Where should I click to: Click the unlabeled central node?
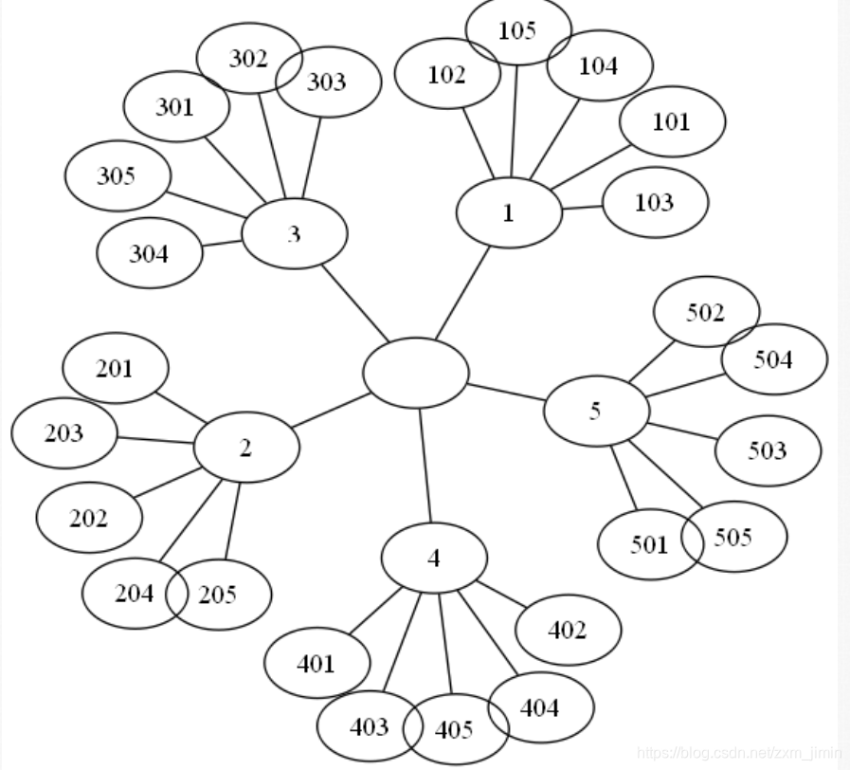(x=415, y=374)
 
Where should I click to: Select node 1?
(x=509, y=212)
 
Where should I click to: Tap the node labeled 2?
(x=246, y=448)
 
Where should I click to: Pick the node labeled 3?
(x=294, y=233)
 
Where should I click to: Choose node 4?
(x=434, y=558)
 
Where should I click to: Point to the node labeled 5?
(x=596, y=411)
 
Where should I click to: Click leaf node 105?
(x=518, y=30)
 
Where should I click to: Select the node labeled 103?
(x=655, y=202)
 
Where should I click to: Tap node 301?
(x=176, y=106)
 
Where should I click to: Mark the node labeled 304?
(x=149, y=253)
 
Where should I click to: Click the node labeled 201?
(x=115, y=369)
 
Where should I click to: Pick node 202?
(x=89, y=518)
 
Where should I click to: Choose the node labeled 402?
(x=568, y=630)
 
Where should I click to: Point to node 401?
(x=316, y=663)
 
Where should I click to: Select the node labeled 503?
(x=768, y=450)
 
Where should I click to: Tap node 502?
(x=706, y=312)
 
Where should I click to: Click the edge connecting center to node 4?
(x=425, y=465)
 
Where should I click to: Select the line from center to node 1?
(x=462, y=292)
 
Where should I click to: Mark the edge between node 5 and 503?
(x=682, y=431)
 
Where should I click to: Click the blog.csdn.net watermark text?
(x=738, y=753)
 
